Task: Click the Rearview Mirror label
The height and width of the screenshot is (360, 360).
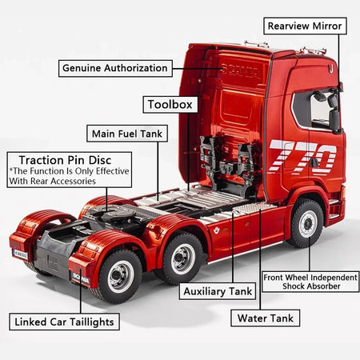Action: point(304,26)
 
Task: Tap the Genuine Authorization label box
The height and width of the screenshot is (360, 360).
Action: point(115,68)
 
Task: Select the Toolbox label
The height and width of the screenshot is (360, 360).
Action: point(169,104)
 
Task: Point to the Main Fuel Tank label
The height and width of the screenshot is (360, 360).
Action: point(127,133)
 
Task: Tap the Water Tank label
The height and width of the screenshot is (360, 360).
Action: point(265,318)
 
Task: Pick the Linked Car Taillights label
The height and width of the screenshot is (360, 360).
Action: point(66,322)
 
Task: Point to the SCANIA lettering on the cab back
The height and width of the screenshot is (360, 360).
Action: point(240,71)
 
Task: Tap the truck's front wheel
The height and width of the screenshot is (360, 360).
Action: point(306,223)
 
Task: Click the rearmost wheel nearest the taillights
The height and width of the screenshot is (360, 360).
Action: point(121,276)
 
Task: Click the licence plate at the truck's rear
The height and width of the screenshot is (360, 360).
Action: point(19,254)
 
